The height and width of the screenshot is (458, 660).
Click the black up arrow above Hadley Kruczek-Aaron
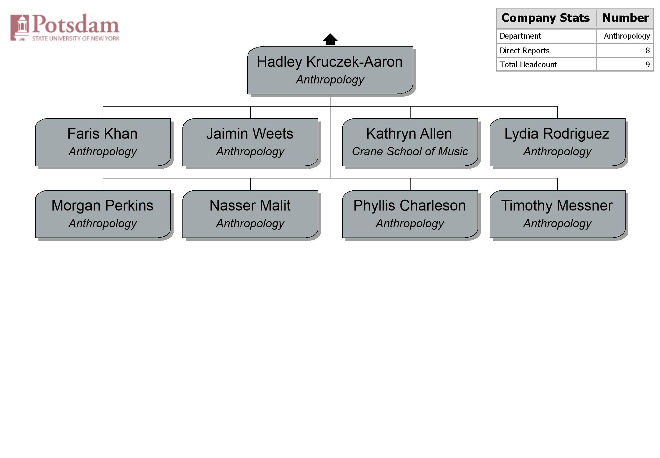[330, 39]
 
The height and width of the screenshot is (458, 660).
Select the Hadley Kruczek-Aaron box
[330, 70]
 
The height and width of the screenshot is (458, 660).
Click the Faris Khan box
[103, 142]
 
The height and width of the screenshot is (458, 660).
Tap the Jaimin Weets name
[250, 134]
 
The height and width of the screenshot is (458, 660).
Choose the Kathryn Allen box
[410, 142]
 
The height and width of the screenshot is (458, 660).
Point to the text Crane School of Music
[410, 151]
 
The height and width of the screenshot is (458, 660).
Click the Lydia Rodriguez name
[557, 134]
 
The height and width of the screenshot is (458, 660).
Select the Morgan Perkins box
[103, 214]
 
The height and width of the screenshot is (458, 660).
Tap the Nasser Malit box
[250, 214]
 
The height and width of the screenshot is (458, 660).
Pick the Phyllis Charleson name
[410, 206]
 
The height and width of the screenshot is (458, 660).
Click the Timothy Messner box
[558, 214]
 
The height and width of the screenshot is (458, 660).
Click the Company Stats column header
[546, 18]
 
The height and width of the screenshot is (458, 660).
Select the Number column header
[625, 18]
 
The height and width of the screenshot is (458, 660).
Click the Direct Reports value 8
[648, 51]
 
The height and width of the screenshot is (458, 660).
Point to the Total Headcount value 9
[648, 65]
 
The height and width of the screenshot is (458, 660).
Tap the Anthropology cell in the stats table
[627, 36]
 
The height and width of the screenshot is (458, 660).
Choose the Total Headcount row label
[528, 65]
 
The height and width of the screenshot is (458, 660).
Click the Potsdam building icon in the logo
[20, 27]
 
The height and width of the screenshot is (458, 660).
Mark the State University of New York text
[76, 38]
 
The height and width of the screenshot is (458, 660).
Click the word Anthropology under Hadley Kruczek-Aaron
[330, 79]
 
